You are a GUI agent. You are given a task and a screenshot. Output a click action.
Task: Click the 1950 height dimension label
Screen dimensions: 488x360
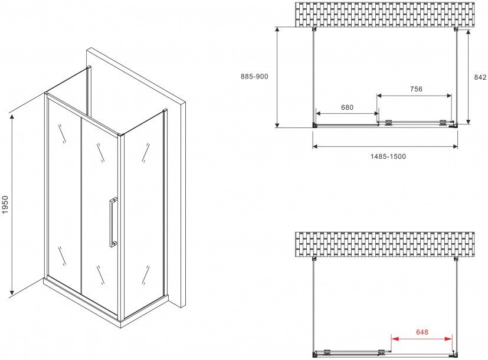5,204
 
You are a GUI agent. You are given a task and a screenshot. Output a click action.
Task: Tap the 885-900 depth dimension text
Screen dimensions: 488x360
254,76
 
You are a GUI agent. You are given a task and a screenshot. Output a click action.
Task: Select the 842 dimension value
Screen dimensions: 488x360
480,77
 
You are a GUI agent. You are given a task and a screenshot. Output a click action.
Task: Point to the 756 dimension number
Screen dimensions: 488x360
416,89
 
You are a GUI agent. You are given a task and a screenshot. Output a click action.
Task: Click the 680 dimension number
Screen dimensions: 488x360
347,107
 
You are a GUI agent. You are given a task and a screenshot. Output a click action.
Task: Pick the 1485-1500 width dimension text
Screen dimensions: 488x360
388,156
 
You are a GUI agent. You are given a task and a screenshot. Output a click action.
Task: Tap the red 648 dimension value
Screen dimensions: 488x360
422,332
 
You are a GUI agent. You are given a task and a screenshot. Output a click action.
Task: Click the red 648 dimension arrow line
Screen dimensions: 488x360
421,339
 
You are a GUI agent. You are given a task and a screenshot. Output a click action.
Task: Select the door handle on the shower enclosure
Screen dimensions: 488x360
112,222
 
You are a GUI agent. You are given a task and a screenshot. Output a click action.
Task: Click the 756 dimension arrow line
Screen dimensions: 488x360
414,96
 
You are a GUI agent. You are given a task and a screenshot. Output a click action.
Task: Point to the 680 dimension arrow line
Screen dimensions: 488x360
347,113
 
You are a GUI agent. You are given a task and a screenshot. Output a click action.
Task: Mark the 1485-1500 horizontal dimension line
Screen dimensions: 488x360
385,146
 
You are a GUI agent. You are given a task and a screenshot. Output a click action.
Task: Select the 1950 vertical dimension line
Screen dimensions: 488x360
12,204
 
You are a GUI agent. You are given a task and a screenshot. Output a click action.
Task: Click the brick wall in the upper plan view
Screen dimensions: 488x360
385,14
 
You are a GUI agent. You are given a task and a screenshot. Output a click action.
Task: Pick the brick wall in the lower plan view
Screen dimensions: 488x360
385,244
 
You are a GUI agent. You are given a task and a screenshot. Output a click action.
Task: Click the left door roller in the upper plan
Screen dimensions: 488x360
388,123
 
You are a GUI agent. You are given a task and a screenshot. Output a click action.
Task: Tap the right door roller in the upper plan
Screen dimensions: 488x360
442,123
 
